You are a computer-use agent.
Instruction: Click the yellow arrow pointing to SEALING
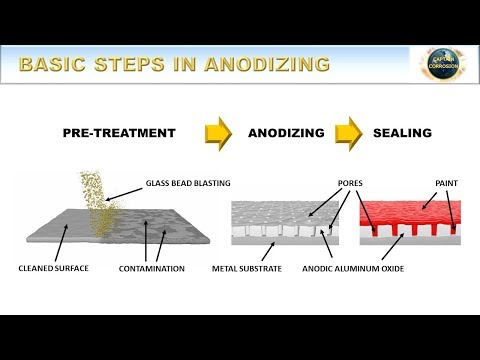coord(347,133)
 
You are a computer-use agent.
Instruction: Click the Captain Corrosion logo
coord(442,65)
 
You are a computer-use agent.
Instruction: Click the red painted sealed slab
coord(405,216)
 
